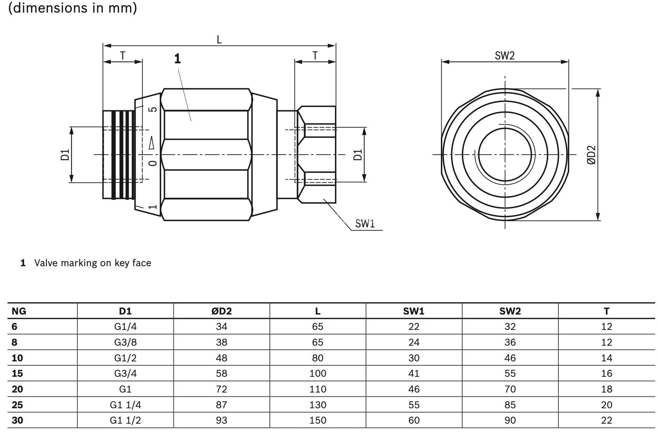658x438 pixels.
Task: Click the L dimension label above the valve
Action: [x=219, y=39]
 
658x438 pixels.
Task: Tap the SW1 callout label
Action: [x=365, y=224]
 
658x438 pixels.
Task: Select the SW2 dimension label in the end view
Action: [x=505, y=56]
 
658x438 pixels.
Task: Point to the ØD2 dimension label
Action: [x=591, y=155]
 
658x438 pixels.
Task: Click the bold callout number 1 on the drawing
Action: [x=178, y=59]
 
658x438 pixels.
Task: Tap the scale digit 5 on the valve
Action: [x=153, y=109]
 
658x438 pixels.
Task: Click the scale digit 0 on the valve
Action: [x=153, y=163]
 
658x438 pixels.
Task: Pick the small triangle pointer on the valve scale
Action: [x=152, y=143]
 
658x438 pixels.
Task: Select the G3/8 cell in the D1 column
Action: [x=125, y=342]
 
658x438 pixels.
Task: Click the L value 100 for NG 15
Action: [x=317, y=373]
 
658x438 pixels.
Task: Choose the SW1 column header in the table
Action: [x=414, y=311]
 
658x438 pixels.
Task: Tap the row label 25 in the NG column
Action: [x=17, y=405]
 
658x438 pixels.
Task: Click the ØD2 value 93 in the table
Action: [x=221, y=420]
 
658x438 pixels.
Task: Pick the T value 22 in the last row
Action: [x=606, y=420]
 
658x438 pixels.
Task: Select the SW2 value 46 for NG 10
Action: [x=510, y=358]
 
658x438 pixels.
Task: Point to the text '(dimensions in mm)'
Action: [x=72, y=8]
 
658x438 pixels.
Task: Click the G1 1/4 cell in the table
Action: [x=125, y=405]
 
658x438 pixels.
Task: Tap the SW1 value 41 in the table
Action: [x=414, y=373]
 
